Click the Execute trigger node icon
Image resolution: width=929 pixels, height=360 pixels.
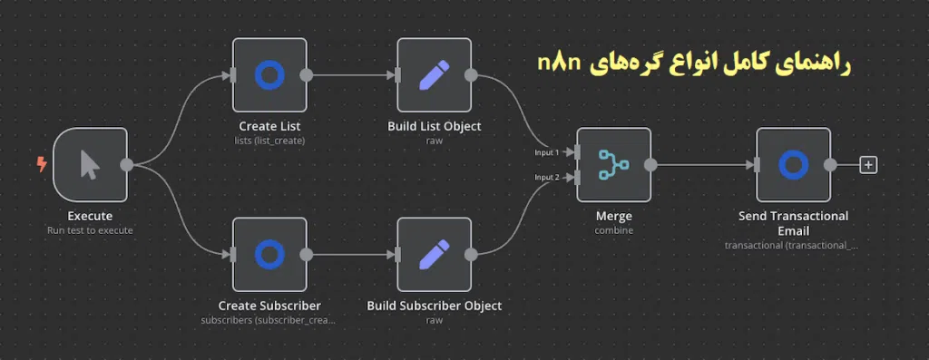coord(90,164)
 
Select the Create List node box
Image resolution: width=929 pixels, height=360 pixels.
coord(269,74)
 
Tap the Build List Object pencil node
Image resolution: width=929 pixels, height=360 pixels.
coord(434,74)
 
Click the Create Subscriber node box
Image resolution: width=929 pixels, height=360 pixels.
coord(269,254)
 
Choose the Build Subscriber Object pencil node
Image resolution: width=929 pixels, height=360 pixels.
coord(434,254)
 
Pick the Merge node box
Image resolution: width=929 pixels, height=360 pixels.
coord(613,164)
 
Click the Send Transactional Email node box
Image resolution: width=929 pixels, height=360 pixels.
coord(793,164)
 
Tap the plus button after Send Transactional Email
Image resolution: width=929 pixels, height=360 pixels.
coord(868,165)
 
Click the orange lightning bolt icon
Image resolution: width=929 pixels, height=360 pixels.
coord(41,164)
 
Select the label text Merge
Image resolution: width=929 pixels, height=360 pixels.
coord(613,217)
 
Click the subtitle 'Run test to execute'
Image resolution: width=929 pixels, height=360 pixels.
coord(90,230)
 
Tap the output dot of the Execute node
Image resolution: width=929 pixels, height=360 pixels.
coord(127,164)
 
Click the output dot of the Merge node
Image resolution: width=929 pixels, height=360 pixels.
coord(650,164)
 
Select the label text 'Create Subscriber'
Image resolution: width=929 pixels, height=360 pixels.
coord(269,306)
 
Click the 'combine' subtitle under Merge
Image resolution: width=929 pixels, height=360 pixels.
coord(613,230)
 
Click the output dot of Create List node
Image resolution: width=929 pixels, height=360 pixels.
coord(307,74)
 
